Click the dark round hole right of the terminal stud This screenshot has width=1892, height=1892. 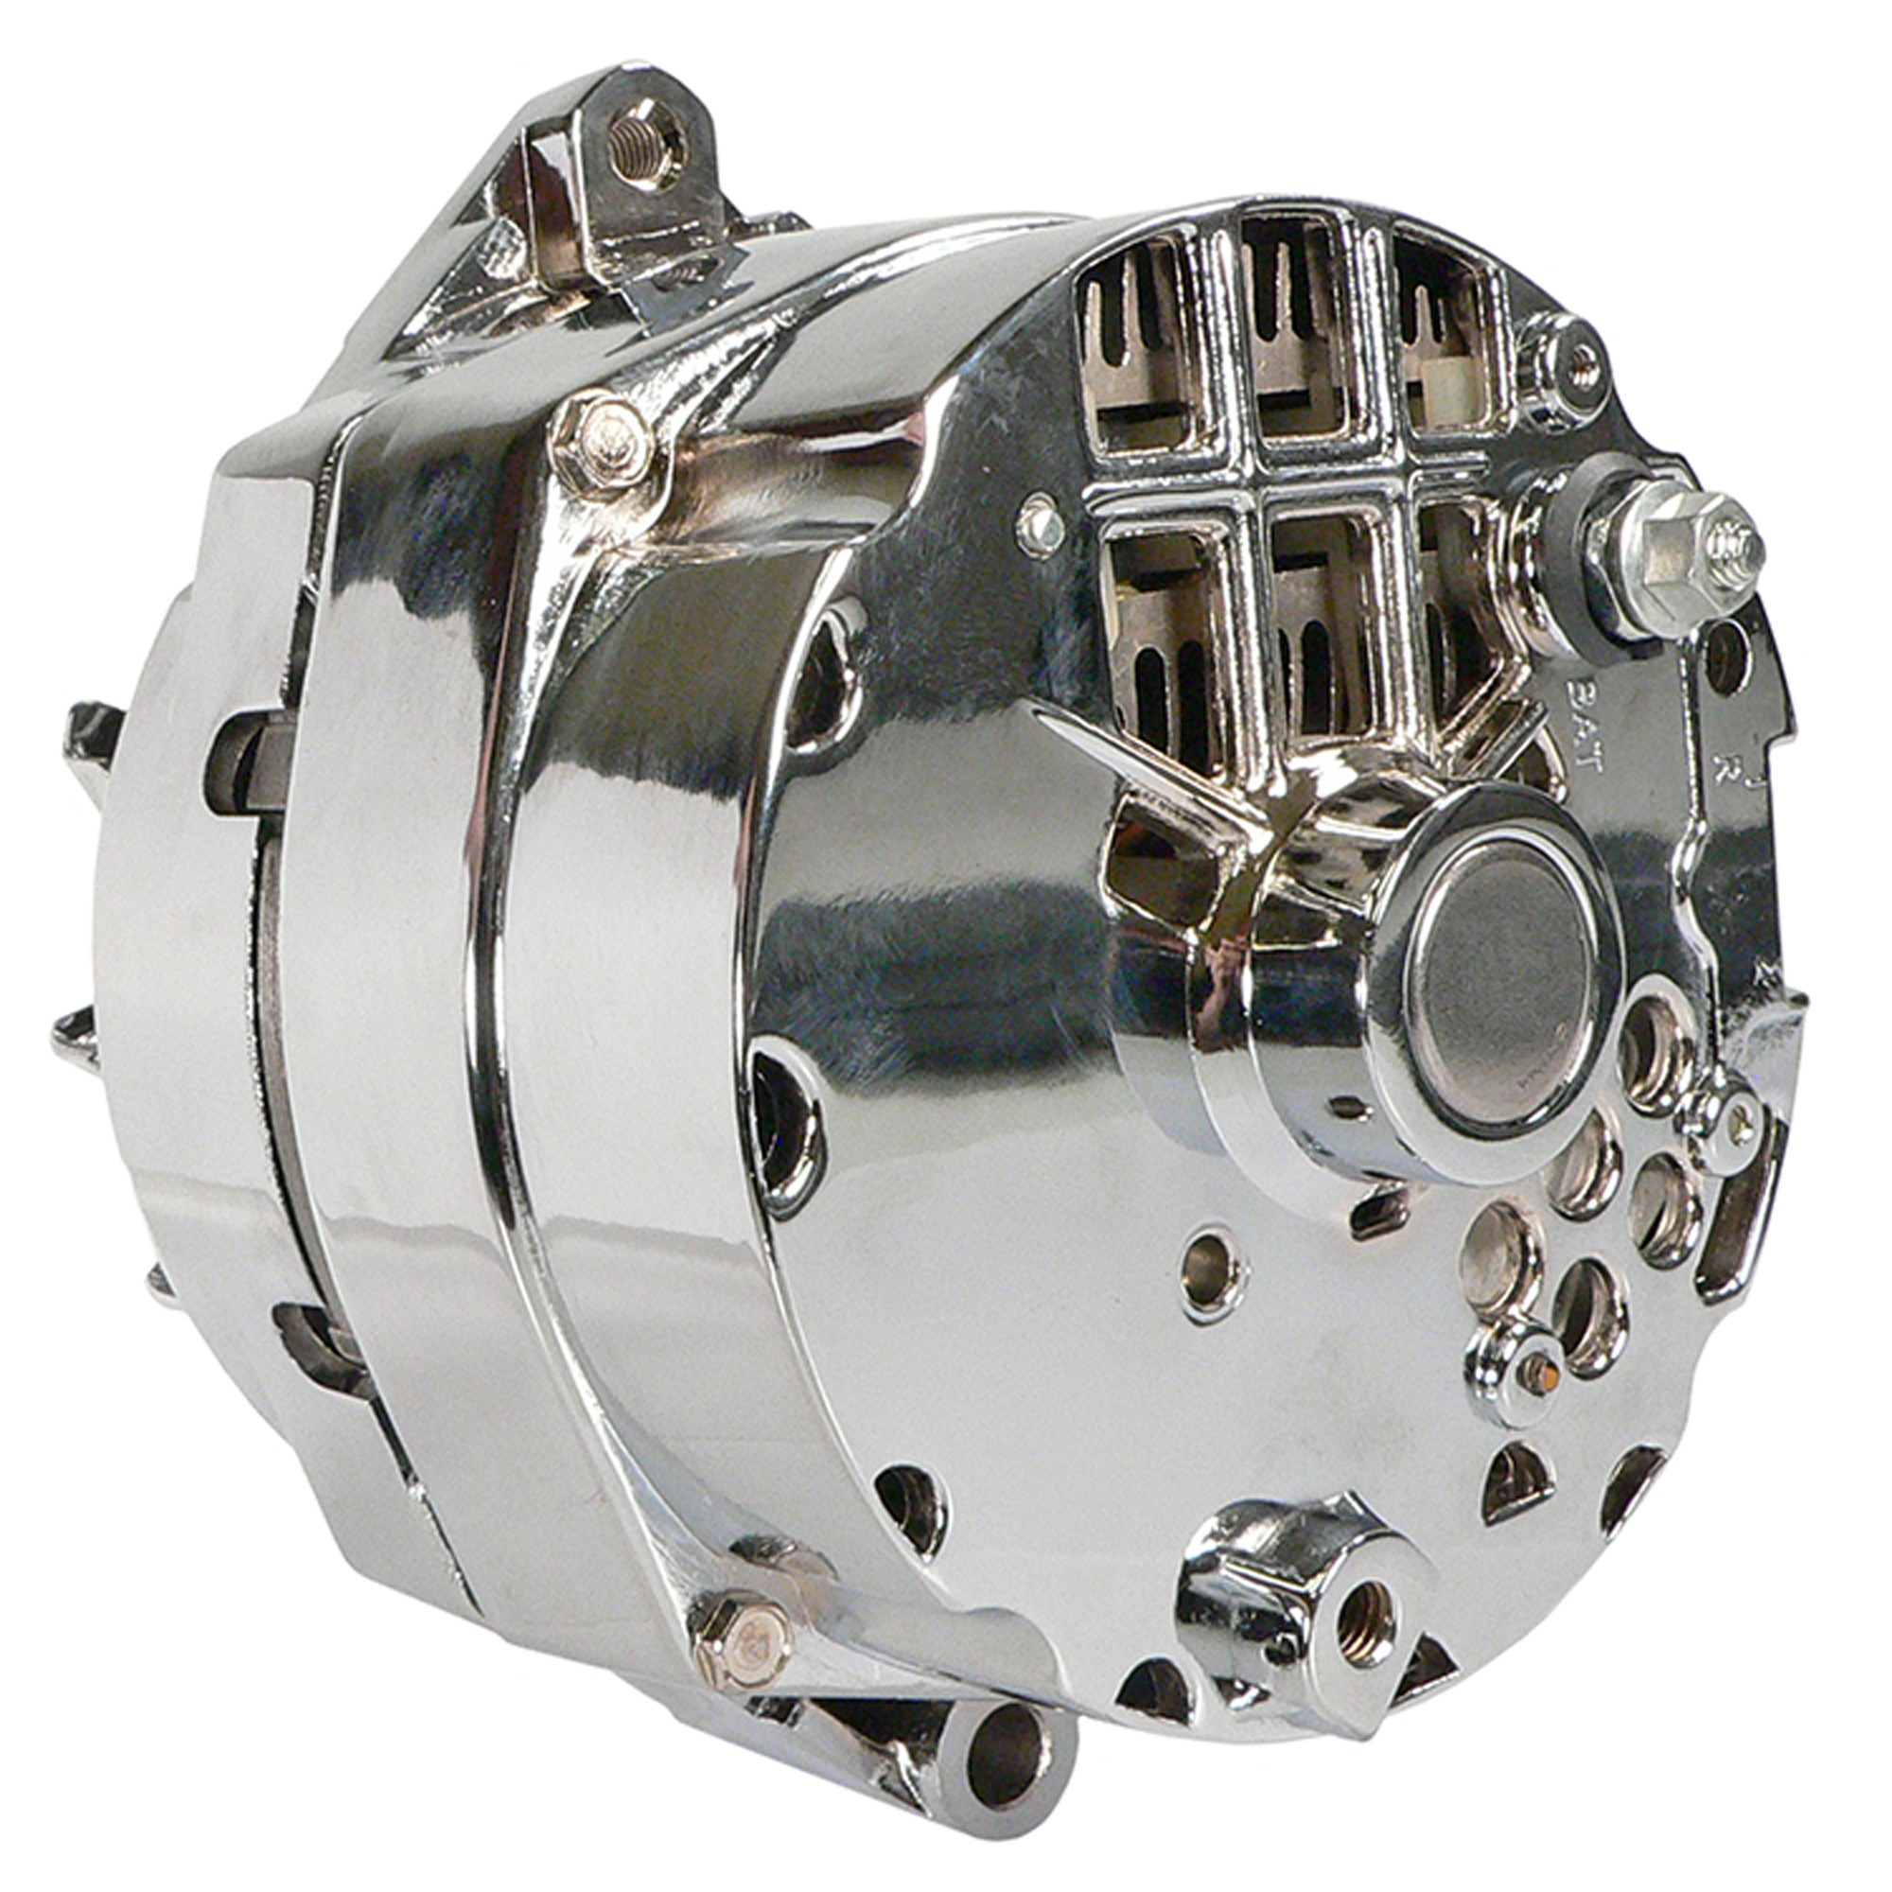(1726, 656)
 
